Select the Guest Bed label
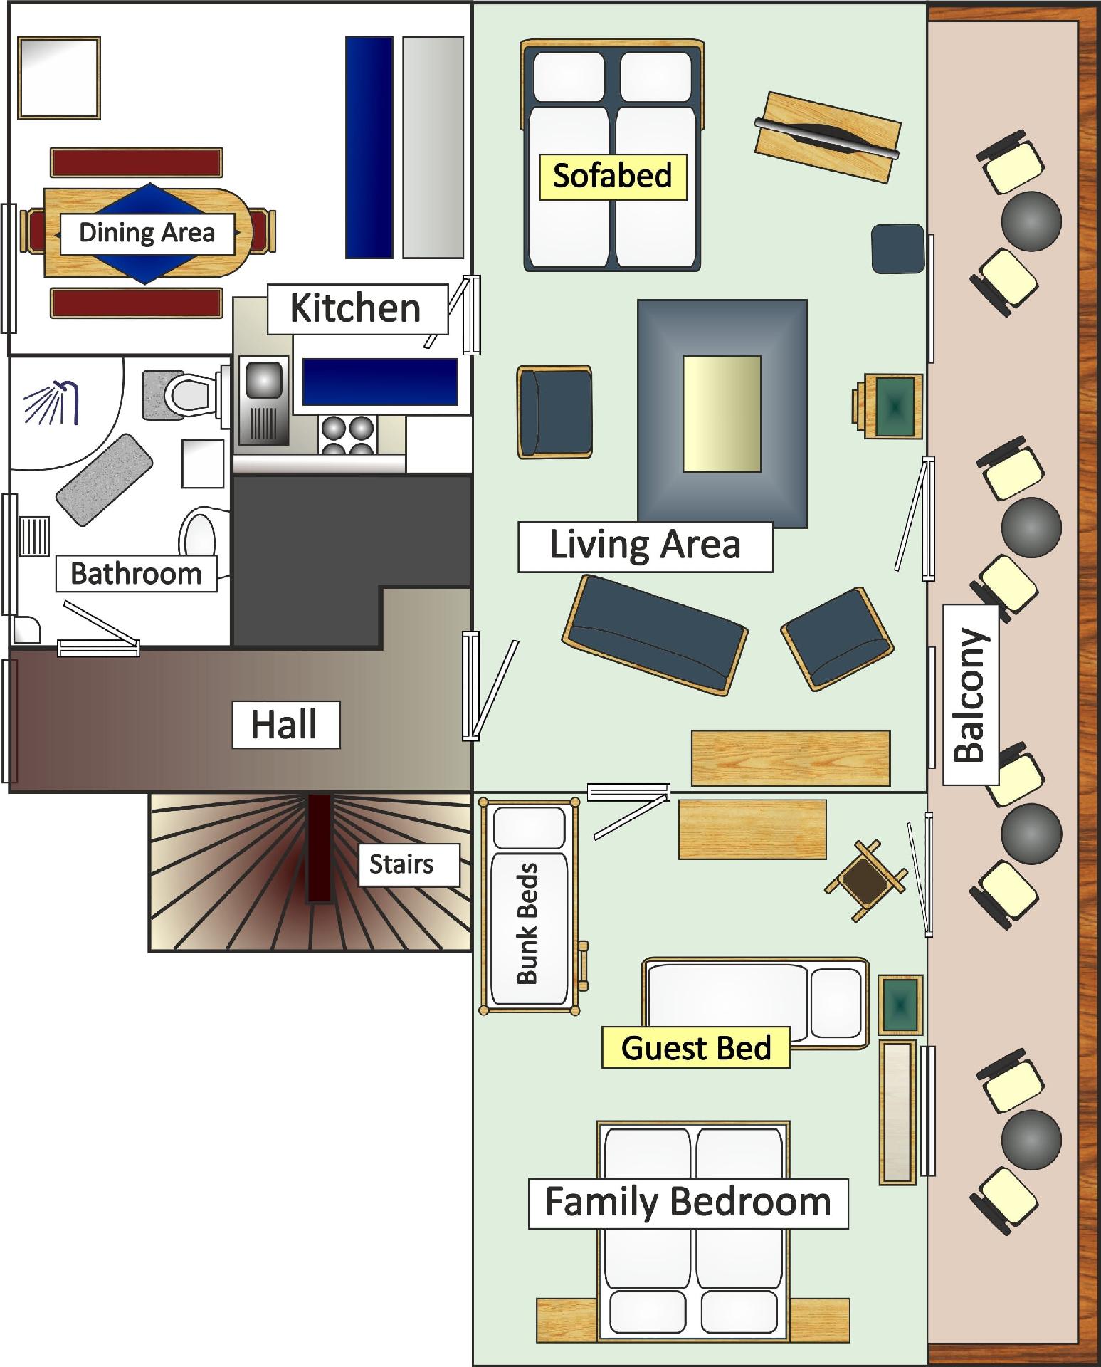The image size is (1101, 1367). (696, 1047)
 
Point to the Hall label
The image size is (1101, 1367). (285, 725)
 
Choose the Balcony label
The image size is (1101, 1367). (970, 694)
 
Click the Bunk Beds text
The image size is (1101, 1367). (527, 923)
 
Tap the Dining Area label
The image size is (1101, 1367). (147, 234)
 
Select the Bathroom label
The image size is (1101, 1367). (136, 573)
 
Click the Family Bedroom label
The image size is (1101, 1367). (688, 1203)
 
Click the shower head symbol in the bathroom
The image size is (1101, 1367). (52, 402)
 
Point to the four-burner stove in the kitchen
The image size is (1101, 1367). (349, 434)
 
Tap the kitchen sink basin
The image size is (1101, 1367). (263, 379)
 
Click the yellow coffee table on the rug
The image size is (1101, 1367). (722, 414)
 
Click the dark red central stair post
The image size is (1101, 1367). (320, 847)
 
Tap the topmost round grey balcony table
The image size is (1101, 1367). (1031, 221)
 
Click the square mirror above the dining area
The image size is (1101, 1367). (59, 78)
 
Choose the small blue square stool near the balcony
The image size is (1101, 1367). (898, 248)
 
